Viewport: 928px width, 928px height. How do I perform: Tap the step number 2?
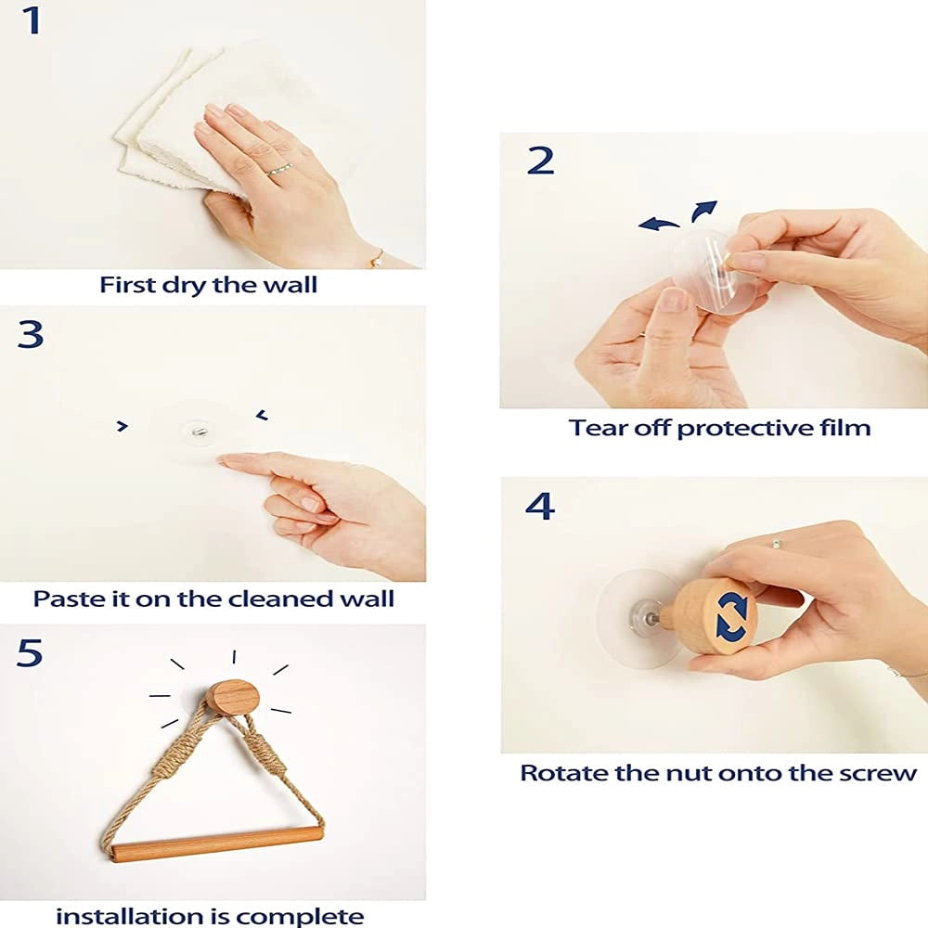click(x=540, y=161)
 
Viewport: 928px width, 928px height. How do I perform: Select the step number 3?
click(x=31, y=334)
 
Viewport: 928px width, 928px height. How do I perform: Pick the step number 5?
click(x=30, y=652)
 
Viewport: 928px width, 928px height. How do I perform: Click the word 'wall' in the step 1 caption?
click(x=290, y=285)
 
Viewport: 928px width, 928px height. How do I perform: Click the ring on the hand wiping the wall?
click(x=279, y=171)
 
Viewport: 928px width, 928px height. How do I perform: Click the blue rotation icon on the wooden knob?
click(x=731, y=617)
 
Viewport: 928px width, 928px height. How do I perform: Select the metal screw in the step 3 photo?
click(x=199, y=432)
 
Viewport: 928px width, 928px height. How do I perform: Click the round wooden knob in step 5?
click(x=235, y=697)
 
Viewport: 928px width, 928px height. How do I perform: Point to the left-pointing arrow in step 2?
click(x=659, y=223)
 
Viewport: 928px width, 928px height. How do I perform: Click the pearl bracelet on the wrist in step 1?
click(x=375, y=260)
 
